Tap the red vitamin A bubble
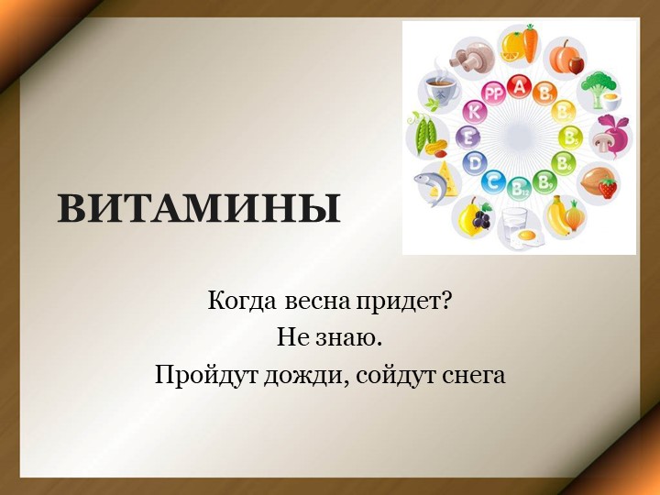520,87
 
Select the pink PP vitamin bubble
494,93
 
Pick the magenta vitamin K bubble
475,112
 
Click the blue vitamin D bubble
474,163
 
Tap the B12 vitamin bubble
519,188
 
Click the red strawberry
607,189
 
